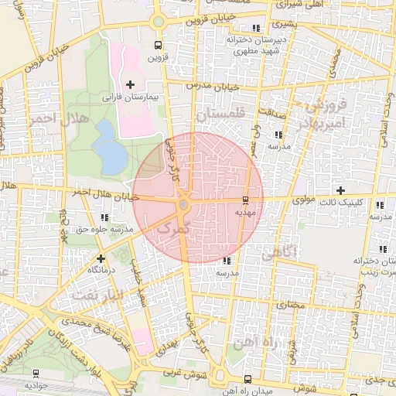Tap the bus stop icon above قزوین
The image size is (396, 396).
point(158,45)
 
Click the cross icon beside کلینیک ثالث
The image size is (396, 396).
point(340,190)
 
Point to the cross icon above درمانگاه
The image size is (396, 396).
point(101,258)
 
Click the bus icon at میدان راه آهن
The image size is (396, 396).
point(247,379)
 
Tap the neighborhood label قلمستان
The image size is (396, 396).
point(220,114)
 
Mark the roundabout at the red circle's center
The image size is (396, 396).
point(183,204)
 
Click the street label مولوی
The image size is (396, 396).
point(304,200)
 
